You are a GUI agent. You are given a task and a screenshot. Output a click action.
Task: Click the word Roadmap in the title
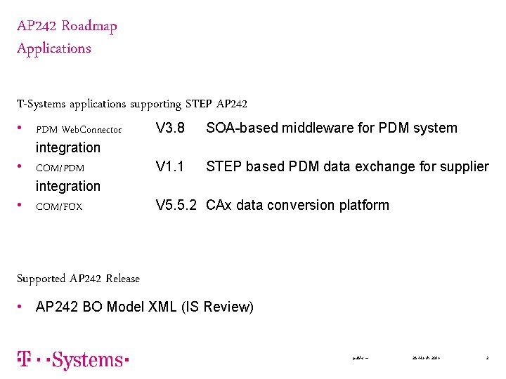coord(89,27)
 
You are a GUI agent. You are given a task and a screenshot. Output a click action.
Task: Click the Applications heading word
coord(54,48)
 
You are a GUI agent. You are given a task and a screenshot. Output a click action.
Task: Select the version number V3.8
coord(170,128)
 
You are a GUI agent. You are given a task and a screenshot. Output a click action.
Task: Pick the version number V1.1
coord(170,167)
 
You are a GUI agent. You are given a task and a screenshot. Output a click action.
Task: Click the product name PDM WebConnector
coord(79,130)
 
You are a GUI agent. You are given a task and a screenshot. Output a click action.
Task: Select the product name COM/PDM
coord(60,168)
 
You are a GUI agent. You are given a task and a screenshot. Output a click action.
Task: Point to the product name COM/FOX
coord(59,207)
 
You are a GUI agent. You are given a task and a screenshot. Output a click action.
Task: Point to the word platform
coord(364,206)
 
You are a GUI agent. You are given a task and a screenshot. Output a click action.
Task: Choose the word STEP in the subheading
coord(199,105)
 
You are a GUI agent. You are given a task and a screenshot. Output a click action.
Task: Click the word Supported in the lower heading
coord(41,279)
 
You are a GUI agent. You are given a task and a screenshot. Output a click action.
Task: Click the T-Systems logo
coord(73,360)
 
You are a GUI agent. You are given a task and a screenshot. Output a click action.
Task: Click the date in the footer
coord(426,359)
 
